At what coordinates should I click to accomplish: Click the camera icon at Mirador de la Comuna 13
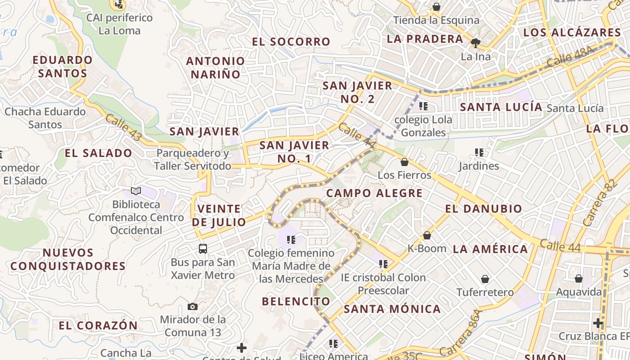[x=193, y=307]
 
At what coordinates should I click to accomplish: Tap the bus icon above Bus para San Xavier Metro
[x=203, y=249]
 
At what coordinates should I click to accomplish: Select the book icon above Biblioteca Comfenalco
[x=135, y=191]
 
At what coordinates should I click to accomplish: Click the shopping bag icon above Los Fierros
[x=405, y=162]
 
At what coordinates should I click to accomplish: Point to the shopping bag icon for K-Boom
[x=427, y=235]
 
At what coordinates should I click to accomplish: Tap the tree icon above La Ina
[x=475, y=43]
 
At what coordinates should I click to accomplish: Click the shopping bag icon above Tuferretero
[x=485, y=279]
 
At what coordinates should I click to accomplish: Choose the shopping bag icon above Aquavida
[x=579, y=279]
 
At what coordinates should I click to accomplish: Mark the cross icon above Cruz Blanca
[x=598, y=323]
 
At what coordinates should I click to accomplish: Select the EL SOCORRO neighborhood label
[x=291, y=42]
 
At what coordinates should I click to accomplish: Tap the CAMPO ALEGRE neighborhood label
[x=374, y=193]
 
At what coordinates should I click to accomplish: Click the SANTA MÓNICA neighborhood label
[x=392, y=309]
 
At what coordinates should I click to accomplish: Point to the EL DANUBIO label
[x=484, y=209]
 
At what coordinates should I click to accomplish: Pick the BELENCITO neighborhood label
[x=296, y=301]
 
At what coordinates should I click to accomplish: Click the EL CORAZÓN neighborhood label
[x=98, y=325]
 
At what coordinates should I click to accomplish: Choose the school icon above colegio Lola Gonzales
[x=423, y=107]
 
